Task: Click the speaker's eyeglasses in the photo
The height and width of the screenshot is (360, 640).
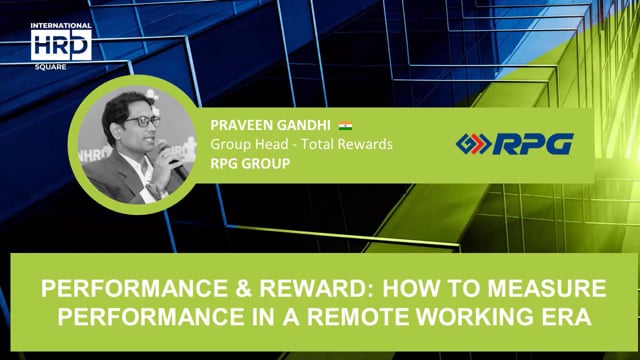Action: tap(143, 122)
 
